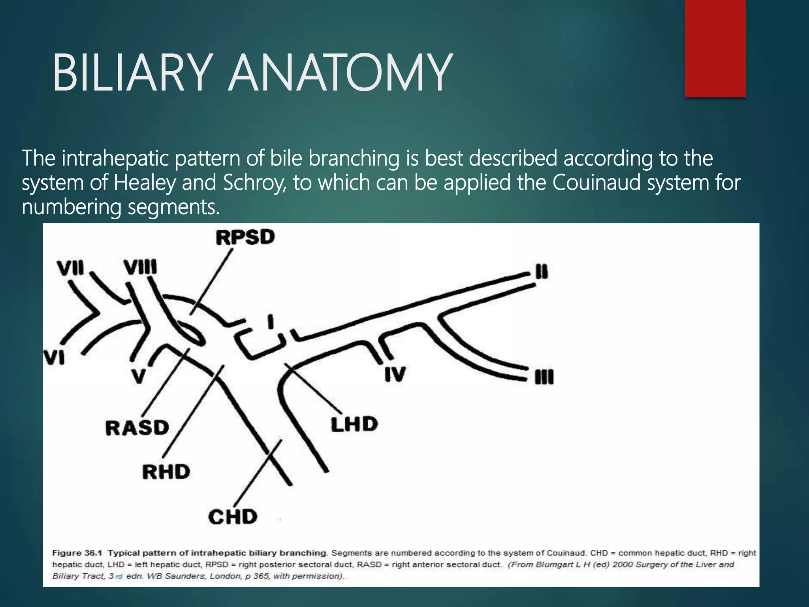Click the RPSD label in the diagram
pyautogui.click(x=245, y=237)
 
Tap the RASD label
pyautogui.click(x=137, y=428)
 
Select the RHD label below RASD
pyautogui.click(x=166, y=471)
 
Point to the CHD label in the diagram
pyautogui.click(x=233, y=517)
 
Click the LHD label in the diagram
pyautogui.click(x=354, y=424)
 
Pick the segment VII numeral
pyautogui.click(x=71, y=268)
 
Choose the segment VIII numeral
pyautogui.click(x=141, y=267)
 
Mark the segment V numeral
pyautogui.click(x=138, y=376)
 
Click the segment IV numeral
pyautogui.click(x=395, y=374)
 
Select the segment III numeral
pyautogui.click(x=544, y=377)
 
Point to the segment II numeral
pyautogui.click(x=542, y=272)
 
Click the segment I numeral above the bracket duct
pyautogui.click(x=271, y=321)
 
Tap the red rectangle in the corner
pyautogui.click(x=715, y=48)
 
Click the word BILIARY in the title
pyautogui.click(x=130, y=74)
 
